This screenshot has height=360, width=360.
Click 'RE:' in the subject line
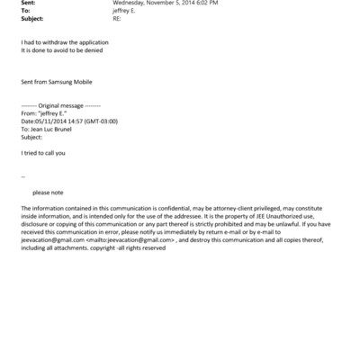point(116,18)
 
